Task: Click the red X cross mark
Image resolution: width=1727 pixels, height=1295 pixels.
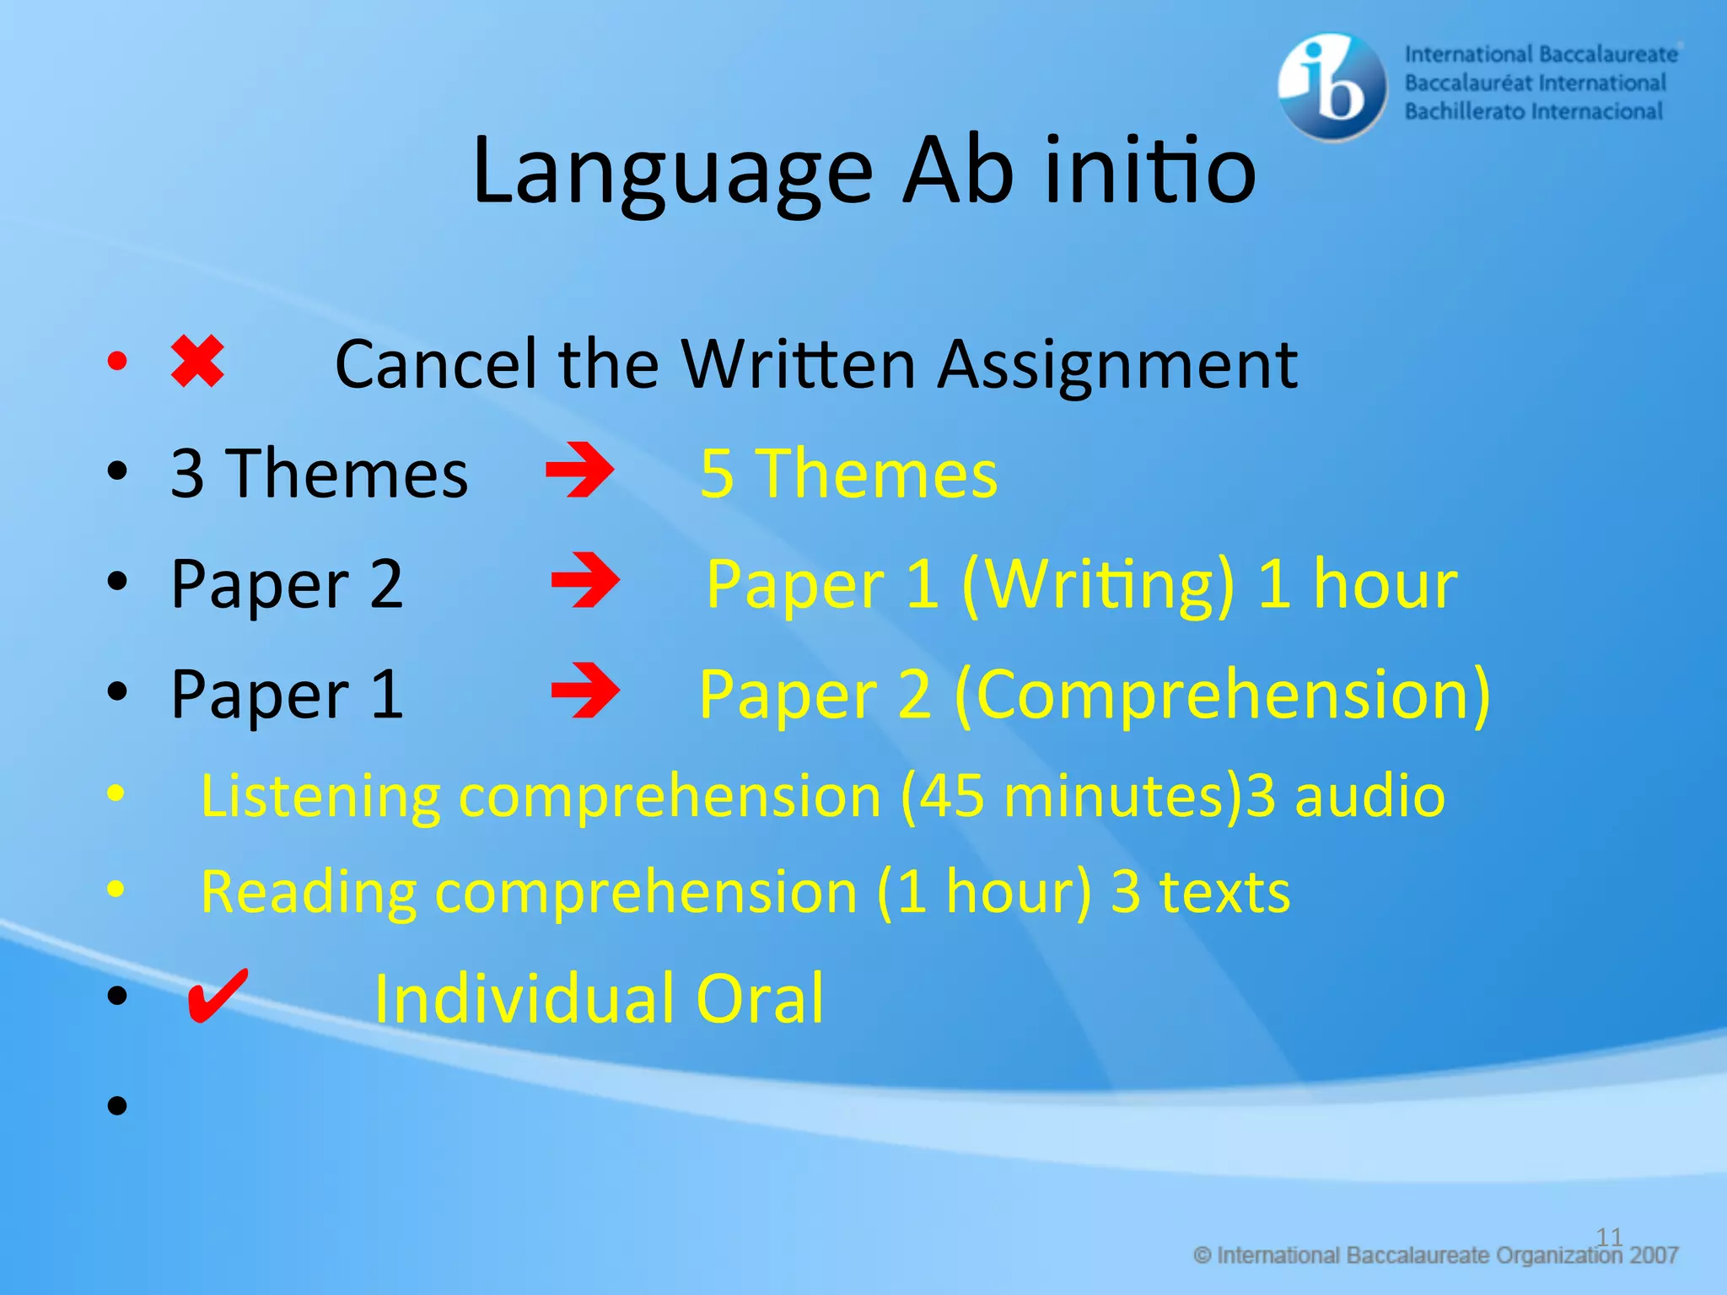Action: tap(197, 363)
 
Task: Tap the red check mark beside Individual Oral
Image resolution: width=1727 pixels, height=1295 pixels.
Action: tap(217, 996)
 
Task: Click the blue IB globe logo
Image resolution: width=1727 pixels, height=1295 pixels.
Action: tap(1332, 85)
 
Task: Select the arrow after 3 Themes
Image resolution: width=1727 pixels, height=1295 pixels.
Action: tap(580, 470)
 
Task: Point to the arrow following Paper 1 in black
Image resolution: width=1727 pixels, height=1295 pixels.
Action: tap(585, 690)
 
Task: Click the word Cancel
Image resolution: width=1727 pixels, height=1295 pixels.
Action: tap(436, 365)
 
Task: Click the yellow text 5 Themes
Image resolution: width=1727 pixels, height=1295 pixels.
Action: tap(848, 474)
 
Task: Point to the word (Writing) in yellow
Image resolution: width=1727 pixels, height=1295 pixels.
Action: tap(1098, 584)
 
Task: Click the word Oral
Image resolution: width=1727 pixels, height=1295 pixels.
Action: tap(759, 999)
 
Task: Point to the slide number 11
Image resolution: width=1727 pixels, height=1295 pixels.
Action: tap(1609, 1237)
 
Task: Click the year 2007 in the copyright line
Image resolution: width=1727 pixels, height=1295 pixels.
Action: tap(1654, 1255)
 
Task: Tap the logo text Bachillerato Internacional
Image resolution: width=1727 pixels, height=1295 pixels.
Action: tap(1533, 111)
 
